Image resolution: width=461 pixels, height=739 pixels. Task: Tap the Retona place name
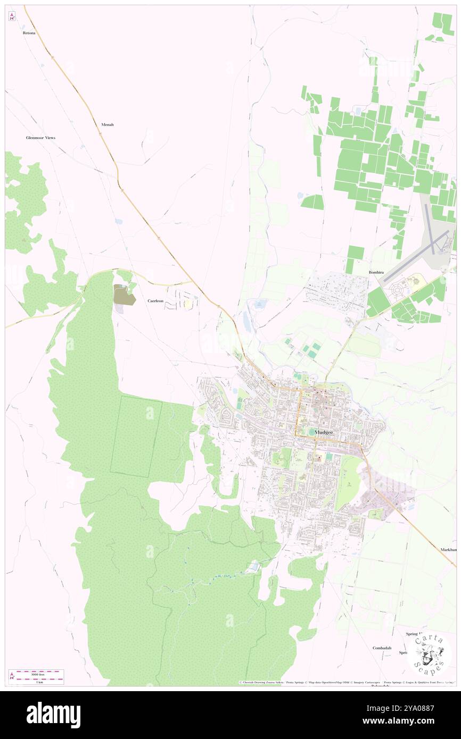[x=29, y=33]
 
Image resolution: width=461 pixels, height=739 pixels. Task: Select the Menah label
[x=108, y=124]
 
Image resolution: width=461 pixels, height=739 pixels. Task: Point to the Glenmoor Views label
[x=40, y=138]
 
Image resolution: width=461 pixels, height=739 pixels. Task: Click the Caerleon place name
[x=156, y=301]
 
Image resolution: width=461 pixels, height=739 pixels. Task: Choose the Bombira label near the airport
[x=376, y=272]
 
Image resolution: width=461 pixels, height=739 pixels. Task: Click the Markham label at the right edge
[x=448, y=549]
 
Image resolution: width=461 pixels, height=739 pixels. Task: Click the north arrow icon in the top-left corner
[x=12, y=16]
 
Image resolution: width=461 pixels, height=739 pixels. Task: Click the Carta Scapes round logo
[x=430, y=653]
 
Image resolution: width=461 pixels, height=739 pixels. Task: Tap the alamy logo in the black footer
[x=53, y=715]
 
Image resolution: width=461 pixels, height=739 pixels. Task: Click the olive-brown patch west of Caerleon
[x=124, y=294]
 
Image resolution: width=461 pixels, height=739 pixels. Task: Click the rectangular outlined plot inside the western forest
[x=136, y=436]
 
